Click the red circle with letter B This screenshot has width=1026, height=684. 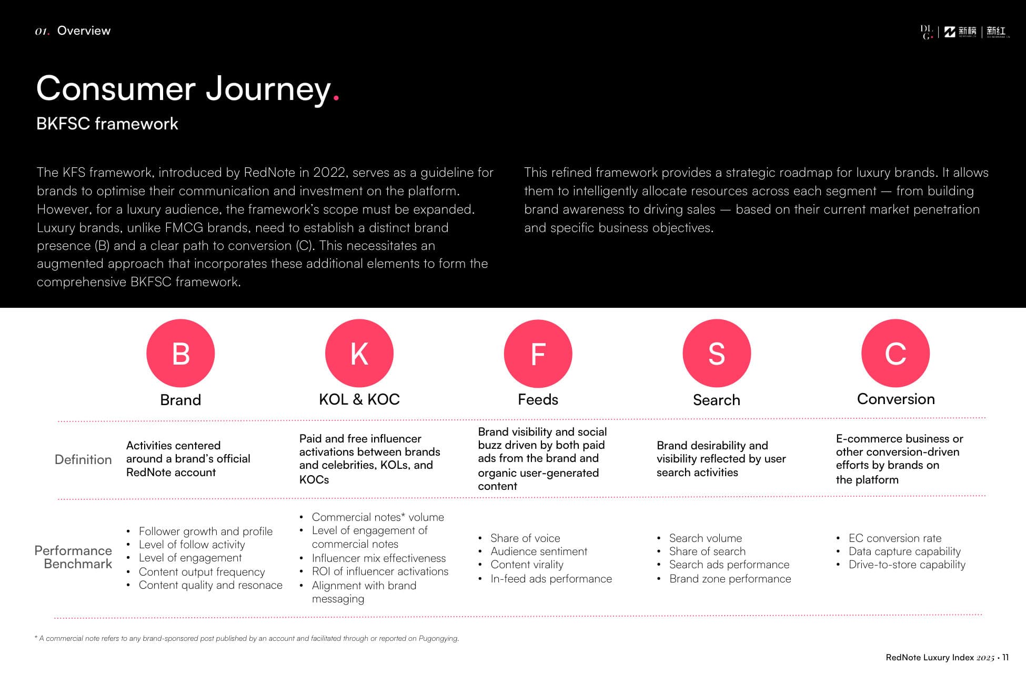click(x=180, y=353)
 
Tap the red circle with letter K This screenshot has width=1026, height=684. click(x=359, y=353)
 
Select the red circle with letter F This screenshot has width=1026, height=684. click(x=538, y=353)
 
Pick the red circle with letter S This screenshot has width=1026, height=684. click(x=717, y=353)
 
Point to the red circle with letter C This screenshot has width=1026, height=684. click(x=896, y=353)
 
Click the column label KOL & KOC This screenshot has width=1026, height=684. click(x=359, y=399)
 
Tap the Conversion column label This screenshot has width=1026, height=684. click(x=896, y=399)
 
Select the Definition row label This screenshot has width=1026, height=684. click(x=83, y=459)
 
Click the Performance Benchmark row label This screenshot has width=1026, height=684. click(x=74, y=557)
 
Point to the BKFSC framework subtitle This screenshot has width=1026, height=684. click(x=107, y=124)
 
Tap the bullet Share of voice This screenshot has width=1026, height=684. click(x=525, y=538)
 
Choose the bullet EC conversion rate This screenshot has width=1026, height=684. click(x=894, y=538)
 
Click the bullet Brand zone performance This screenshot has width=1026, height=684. click(x=730, y=579)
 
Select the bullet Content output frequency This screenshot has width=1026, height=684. click(x=202, y=571)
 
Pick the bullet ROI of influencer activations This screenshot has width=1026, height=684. click(x=380, y=571)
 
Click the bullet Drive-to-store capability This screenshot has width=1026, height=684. click(x=907, y=565)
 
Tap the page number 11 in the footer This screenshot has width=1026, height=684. click(x=1005, y=657)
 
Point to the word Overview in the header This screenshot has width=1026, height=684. click(x=84, y=31)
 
